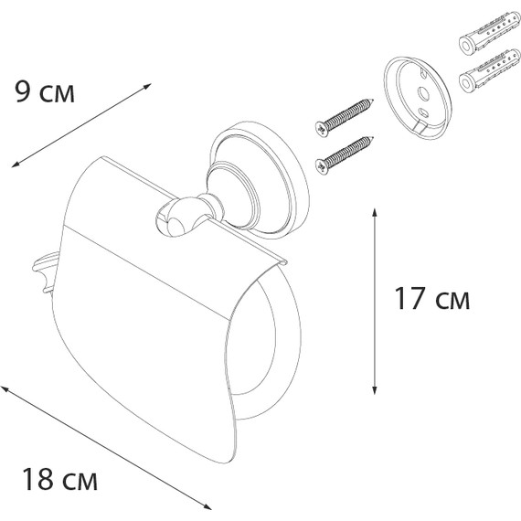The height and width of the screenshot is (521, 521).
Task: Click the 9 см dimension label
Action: tap(45, 92)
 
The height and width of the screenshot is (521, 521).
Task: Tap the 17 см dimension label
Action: tap(432, 299)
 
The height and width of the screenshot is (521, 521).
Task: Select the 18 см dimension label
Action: tap(59, 479)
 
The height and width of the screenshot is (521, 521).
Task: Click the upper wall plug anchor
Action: tap(489, 33)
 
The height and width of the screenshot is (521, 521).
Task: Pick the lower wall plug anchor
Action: tap(489, 70)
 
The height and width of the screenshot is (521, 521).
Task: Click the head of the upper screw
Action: tap(321, 129)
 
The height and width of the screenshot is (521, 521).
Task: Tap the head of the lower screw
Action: tap(321, 166)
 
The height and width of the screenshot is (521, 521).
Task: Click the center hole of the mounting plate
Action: tap(423, 93)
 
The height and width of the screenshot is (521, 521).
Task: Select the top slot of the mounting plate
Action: tap(423, 74)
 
